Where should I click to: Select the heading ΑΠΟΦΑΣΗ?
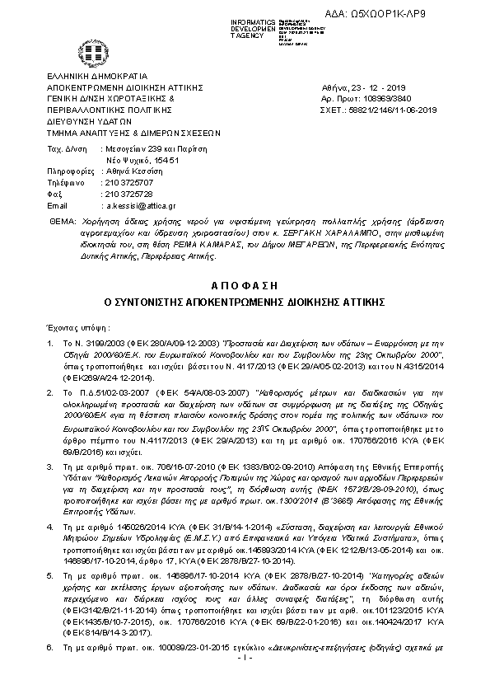(x=245, y=284)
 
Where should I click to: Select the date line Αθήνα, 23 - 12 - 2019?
(x=362, y=87)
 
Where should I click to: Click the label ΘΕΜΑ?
(x=61, y=223)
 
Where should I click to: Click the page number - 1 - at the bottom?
(x=244, y=682)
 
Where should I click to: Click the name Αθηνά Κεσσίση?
(x=132, y=169)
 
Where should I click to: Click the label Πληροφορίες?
(x=68, y=169)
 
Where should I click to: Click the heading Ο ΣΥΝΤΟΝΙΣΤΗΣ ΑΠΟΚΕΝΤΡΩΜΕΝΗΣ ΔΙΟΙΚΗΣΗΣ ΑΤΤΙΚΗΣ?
(x=245, y=302)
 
